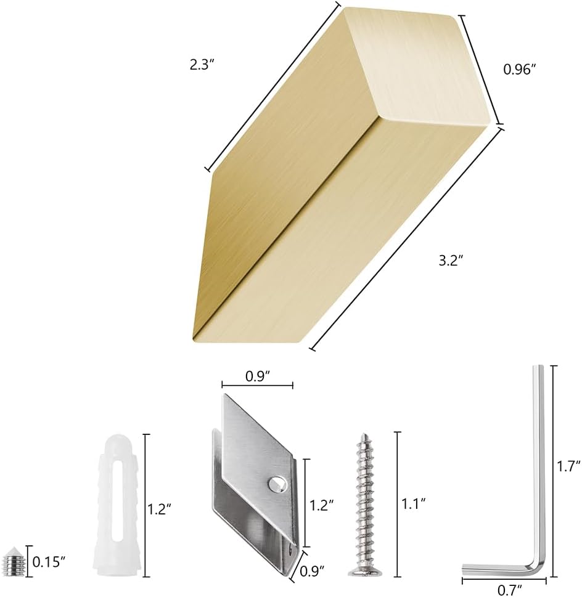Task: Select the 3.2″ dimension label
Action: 451,261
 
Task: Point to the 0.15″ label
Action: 49,561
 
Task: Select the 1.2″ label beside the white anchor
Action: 159,508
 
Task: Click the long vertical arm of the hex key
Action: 538,462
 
